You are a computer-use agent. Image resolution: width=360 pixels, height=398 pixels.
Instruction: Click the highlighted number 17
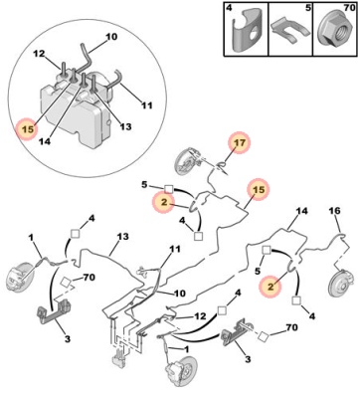coord(241,143)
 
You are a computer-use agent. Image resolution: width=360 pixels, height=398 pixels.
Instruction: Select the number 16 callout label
coord(334,211)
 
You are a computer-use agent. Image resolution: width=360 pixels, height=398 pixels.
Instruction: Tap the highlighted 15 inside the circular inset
coord(29,129)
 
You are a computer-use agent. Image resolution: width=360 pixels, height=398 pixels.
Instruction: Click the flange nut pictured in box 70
coord(334,32)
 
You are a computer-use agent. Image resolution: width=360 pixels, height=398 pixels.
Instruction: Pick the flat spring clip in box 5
coord(289,31)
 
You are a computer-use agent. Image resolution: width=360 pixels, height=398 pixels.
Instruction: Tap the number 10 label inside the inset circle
coord(111,37)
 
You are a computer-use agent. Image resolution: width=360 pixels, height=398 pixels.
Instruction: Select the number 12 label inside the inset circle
coord(39,54)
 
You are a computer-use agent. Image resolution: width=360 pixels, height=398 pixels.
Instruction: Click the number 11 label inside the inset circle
coord(146,105)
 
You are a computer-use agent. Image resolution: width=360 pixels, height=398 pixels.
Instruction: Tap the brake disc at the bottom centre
coord(180,372)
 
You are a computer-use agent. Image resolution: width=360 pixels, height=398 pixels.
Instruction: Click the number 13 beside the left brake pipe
coord(122,237)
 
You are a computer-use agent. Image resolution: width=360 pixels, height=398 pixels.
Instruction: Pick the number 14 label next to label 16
coord(301,211)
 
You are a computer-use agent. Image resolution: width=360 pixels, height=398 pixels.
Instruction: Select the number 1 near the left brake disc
coord(31,238)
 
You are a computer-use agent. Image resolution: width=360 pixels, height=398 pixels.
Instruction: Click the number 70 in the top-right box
coord(349,8)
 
